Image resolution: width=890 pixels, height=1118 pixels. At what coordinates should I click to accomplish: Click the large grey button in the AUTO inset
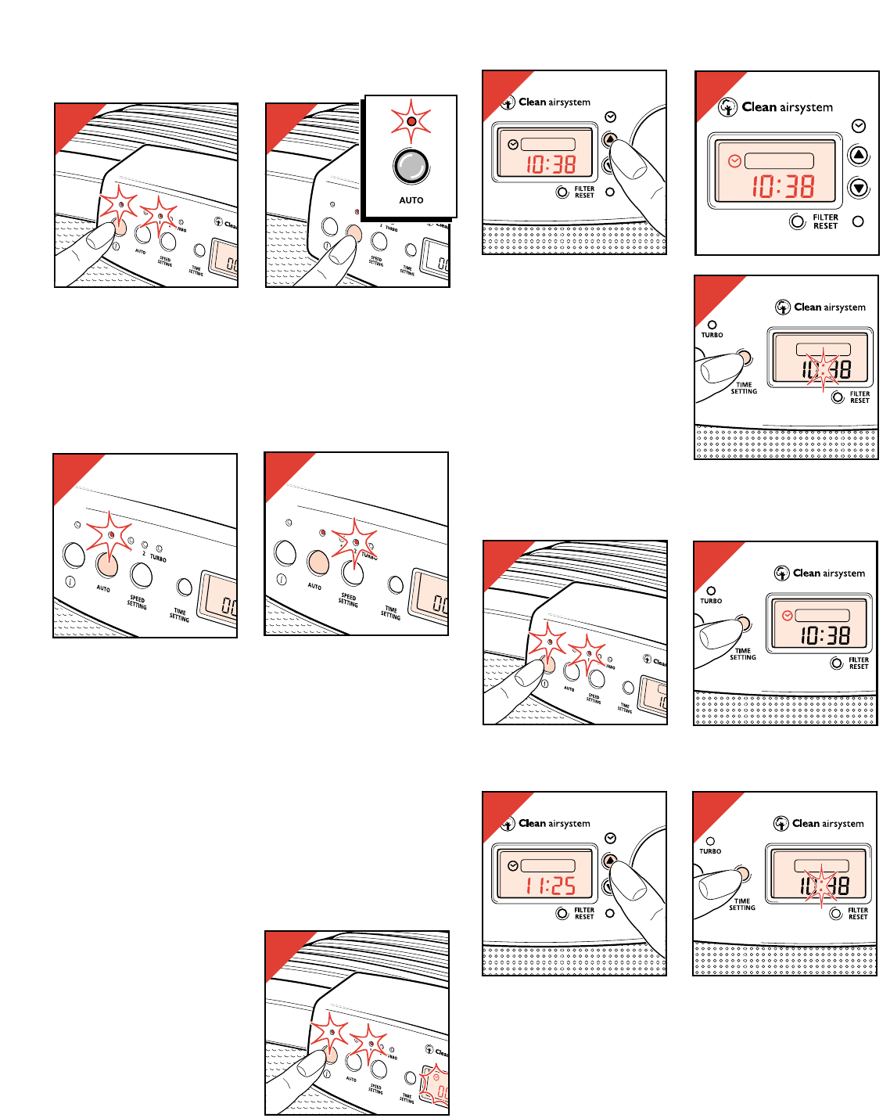pyautogui.click(x=411, y=165)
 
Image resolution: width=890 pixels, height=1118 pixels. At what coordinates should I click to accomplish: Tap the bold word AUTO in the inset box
pyautogui.click(x=411, y=200)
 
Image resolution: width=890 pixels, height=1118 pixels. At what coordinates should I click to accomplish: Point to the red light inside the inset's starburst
pyautogui.click(x=411, y=122)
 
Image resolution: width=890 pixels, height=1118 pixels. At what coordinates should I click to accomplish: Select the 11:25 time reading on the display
pyautogui.click(x=551, y=886)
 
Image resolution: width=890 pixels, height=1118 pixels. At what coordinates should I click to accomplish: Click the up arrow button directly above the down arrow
pyautogui.click(x=859, y=155)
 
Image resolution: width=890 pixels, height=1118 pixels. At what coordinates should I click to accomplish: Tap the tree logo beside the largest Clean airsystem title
pyautogui.click(x=728, y=107)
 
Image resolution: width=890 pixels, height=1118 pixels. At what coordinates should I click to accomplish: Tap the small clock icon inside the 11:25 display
pyautogui.click(x=512, y=865)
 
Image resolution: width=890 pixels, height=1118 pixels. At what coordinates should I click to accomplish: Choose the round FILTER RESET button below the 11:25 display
pyautogui.click(x=562, y=913)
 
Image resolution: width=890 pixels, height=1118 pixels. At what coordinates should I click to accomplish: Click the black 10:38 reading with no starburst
pyautogui.click(x=824, y=635)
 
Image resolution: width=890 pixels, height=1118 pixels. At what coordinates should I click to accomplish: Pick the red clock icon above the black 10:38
pyautogui.click(x=788, y=616)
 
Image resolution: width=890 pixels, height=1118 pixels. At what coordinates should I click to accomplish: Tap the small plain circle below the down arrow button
pyautogui.click(x=858, y=221)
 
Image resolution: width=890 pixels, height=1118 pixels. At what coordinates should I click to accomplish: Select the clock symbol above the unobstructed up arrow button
pyautogui.click(x=859, y=126)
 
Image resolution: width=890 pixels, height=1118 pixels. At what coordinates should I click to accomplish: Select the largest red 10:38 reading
pyautogui.click(x=783, y=186)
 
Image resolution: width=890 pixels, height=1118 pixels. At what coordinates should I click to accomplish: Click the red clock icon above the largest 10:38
pyautogui.click(x=734, y=161)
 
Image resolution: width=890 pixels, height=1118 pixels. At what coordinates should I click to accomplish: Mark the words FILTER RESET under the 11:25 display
pyautogui.click(x=584, y=913)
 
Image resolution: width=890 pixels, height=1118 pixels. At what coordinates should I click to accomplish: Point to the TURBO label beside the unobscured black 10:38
pyautogui.click(x=711, y=601)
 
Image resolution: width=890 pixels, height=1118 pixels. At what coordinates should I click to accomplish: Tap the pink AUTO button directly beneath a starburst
pyautogui.click(x=106, y=564)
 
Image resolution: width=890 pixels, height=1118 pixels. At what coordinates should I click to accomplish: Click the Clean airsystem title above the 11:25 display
pyautogui.click(x=554, y=823)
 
